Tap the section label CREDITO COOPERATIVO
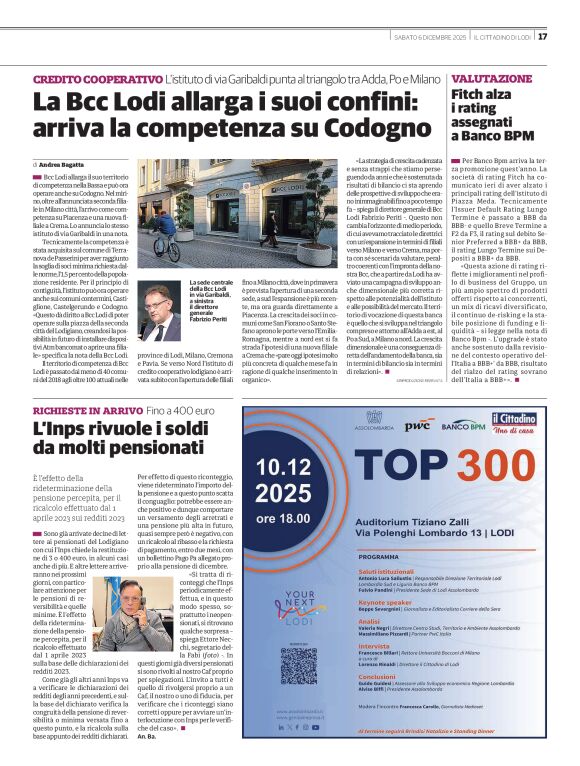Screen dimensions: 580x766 [x=97, y=78]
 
